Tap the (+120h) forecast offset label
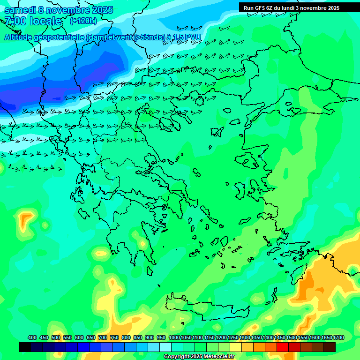click(x=83, y=21)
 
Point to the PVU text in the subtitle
click(x=193, y=37)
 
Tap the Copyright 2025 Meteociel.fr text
click(x=199, y=357)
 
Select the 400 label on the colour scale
click(x=32, y=337)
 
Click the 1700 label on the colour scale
click(x=338, y=337)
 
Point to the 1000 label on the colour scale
click(x=174, y=337)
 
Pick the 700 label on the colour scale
click(x=103, y=337)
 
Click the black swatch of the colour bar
click(x=25, y=347)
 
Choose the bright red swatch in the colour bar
click(x=283, y=347)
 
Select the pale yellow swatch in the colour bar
click(x=236, y=347)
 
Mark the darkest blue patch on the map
click(x=14, y=98)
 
